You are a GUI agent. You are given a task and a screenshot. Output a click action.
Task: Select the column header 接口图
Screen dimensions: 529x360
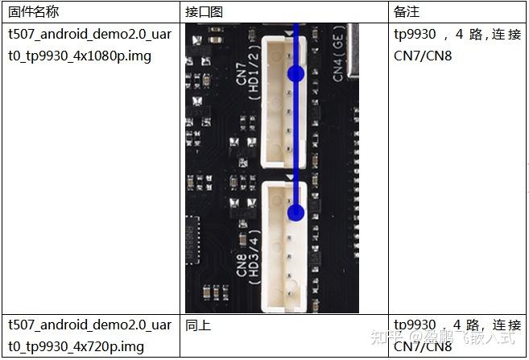[x=203, y=12]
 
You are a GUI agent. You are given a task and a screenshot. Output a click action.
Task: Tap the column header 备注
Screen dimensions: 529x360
[x=407, y=12]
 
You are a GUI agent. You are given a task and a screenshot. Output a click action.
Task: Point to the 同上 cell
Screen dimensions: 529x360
[x=197, y=325]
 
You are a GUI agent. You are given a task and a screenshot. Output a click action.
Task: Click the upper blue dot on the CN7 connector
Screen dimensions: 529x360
[x=295, y=74]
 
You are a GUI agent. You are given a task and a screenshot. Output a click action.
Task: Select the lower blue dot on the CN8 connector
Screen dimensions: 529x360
[x=295, y=213]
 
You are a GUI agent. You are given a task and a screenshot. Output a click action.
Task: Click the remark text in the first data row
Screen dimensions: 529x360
[x=457, y=45]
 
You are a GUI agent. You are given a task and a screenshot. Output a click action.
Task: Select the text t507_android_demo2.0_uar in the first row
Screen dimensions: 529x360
[x=89, y=35]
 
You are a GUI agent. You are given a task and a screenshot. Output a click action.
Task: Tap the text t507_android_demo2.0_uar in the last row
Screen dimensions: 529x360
[x=89, y=325]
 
